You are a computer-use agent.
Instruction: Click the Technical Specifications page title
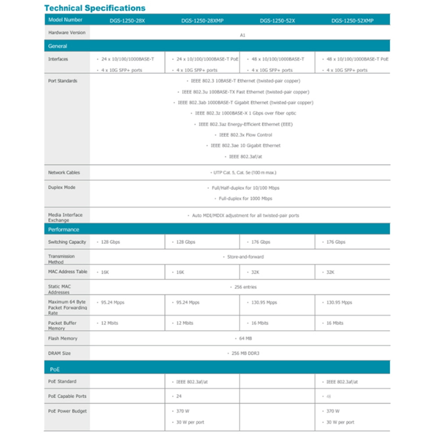point(95,8)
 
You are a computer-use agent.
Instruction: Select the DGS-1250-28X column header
point(127,20)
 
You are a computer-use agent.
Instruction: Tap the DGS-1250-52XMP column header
point(352,20)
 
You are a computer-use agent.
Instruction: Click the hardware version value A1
point(242,35)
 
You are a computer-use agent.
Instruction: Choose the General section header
point(58,46)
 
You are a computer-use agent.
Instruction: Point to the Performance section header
point(64,230)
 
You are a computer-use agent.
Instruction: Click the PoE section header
point(55,370)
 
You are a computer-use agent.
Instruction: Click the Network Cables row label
point(64,173)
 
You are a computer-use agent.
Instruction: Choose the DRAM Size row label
point(59,353)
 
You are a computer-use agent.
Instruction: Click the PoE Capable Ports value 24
point(179,396)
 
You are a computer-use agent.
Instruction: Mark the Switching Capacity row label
point(67,242)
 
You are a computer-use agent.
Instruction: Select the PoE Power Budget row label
point(68,411)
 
